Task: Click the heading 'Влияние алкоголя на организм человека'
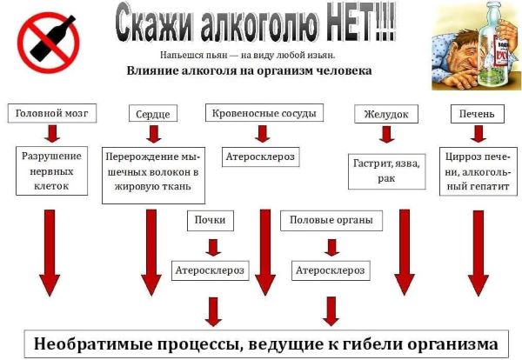click(261, 71)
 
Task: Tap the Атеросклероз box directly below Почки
click(210, 270)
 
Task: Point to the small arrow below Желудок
click(386, 135)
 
